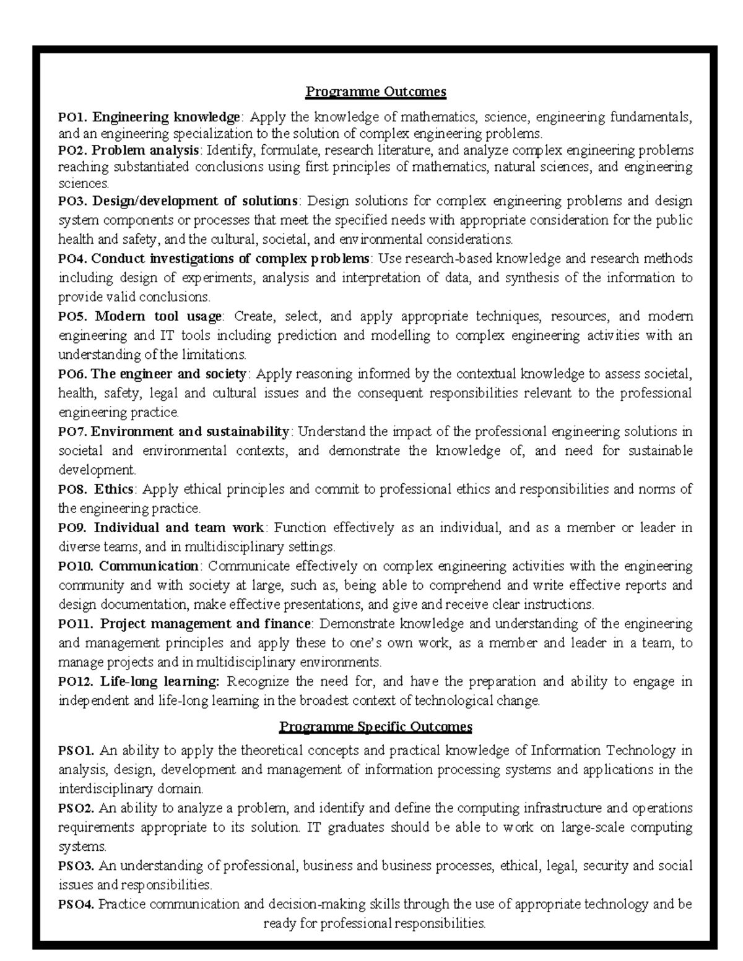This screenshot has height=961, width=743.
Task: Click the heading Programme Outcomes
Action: pyautogui.click(x=376, y=92)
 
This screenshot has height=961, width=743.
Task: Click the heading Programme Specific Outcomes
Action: pyautogui.click(x=376, y=726)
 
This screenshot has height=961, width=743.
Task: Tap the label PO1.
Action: pyautogui.click(x=73, y=117)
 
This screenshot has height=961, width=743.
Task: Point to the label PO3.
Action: pyautogui.click(x=73, y=201)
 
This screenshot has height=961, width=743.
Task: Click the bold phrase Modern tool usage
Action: pyautogui.click(x=158, y=317)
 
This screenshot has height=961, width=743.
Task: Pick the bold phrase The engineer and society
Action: pyautogui.click(x=168, y=374)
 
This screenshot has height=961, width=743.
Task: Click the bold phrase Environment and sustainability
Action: pyautogui.click(x=190, y=431)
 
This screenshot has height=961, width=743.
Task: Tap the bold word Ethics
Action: pyautogui.click(x=114, y=489)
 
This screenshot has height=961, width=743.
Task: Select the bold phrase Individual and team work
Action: pyautogui.click(x=179, y=528)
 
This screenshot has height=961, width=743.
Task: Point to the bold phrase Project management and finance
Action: pyautogui.click(x=205, y=624)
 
